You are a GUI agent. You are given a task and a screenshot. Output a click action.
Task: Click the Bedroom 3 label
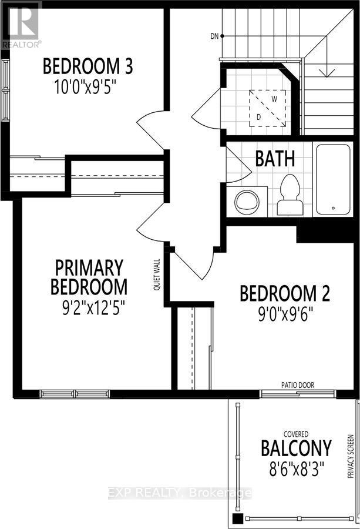(x=88, y=65)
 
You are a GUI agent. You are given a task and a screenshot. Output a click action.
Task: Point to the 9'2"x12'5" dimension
(x=89, y=306)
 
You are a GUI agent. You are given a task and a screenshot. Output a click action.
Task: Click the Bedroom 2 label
(x=285, y=293)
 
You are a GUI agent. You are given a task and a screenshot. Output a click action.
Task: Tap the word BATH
(x=275, y=159)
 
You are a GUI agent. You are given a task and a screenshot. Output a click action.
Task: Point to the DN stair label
(x=214, y=36)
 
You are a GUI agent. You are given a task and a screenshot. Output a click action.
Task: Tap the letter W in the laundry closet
(x=274, y=99)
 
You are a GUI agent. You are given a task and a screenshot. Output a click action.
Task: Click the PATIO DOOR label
(x=298, y=385)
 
